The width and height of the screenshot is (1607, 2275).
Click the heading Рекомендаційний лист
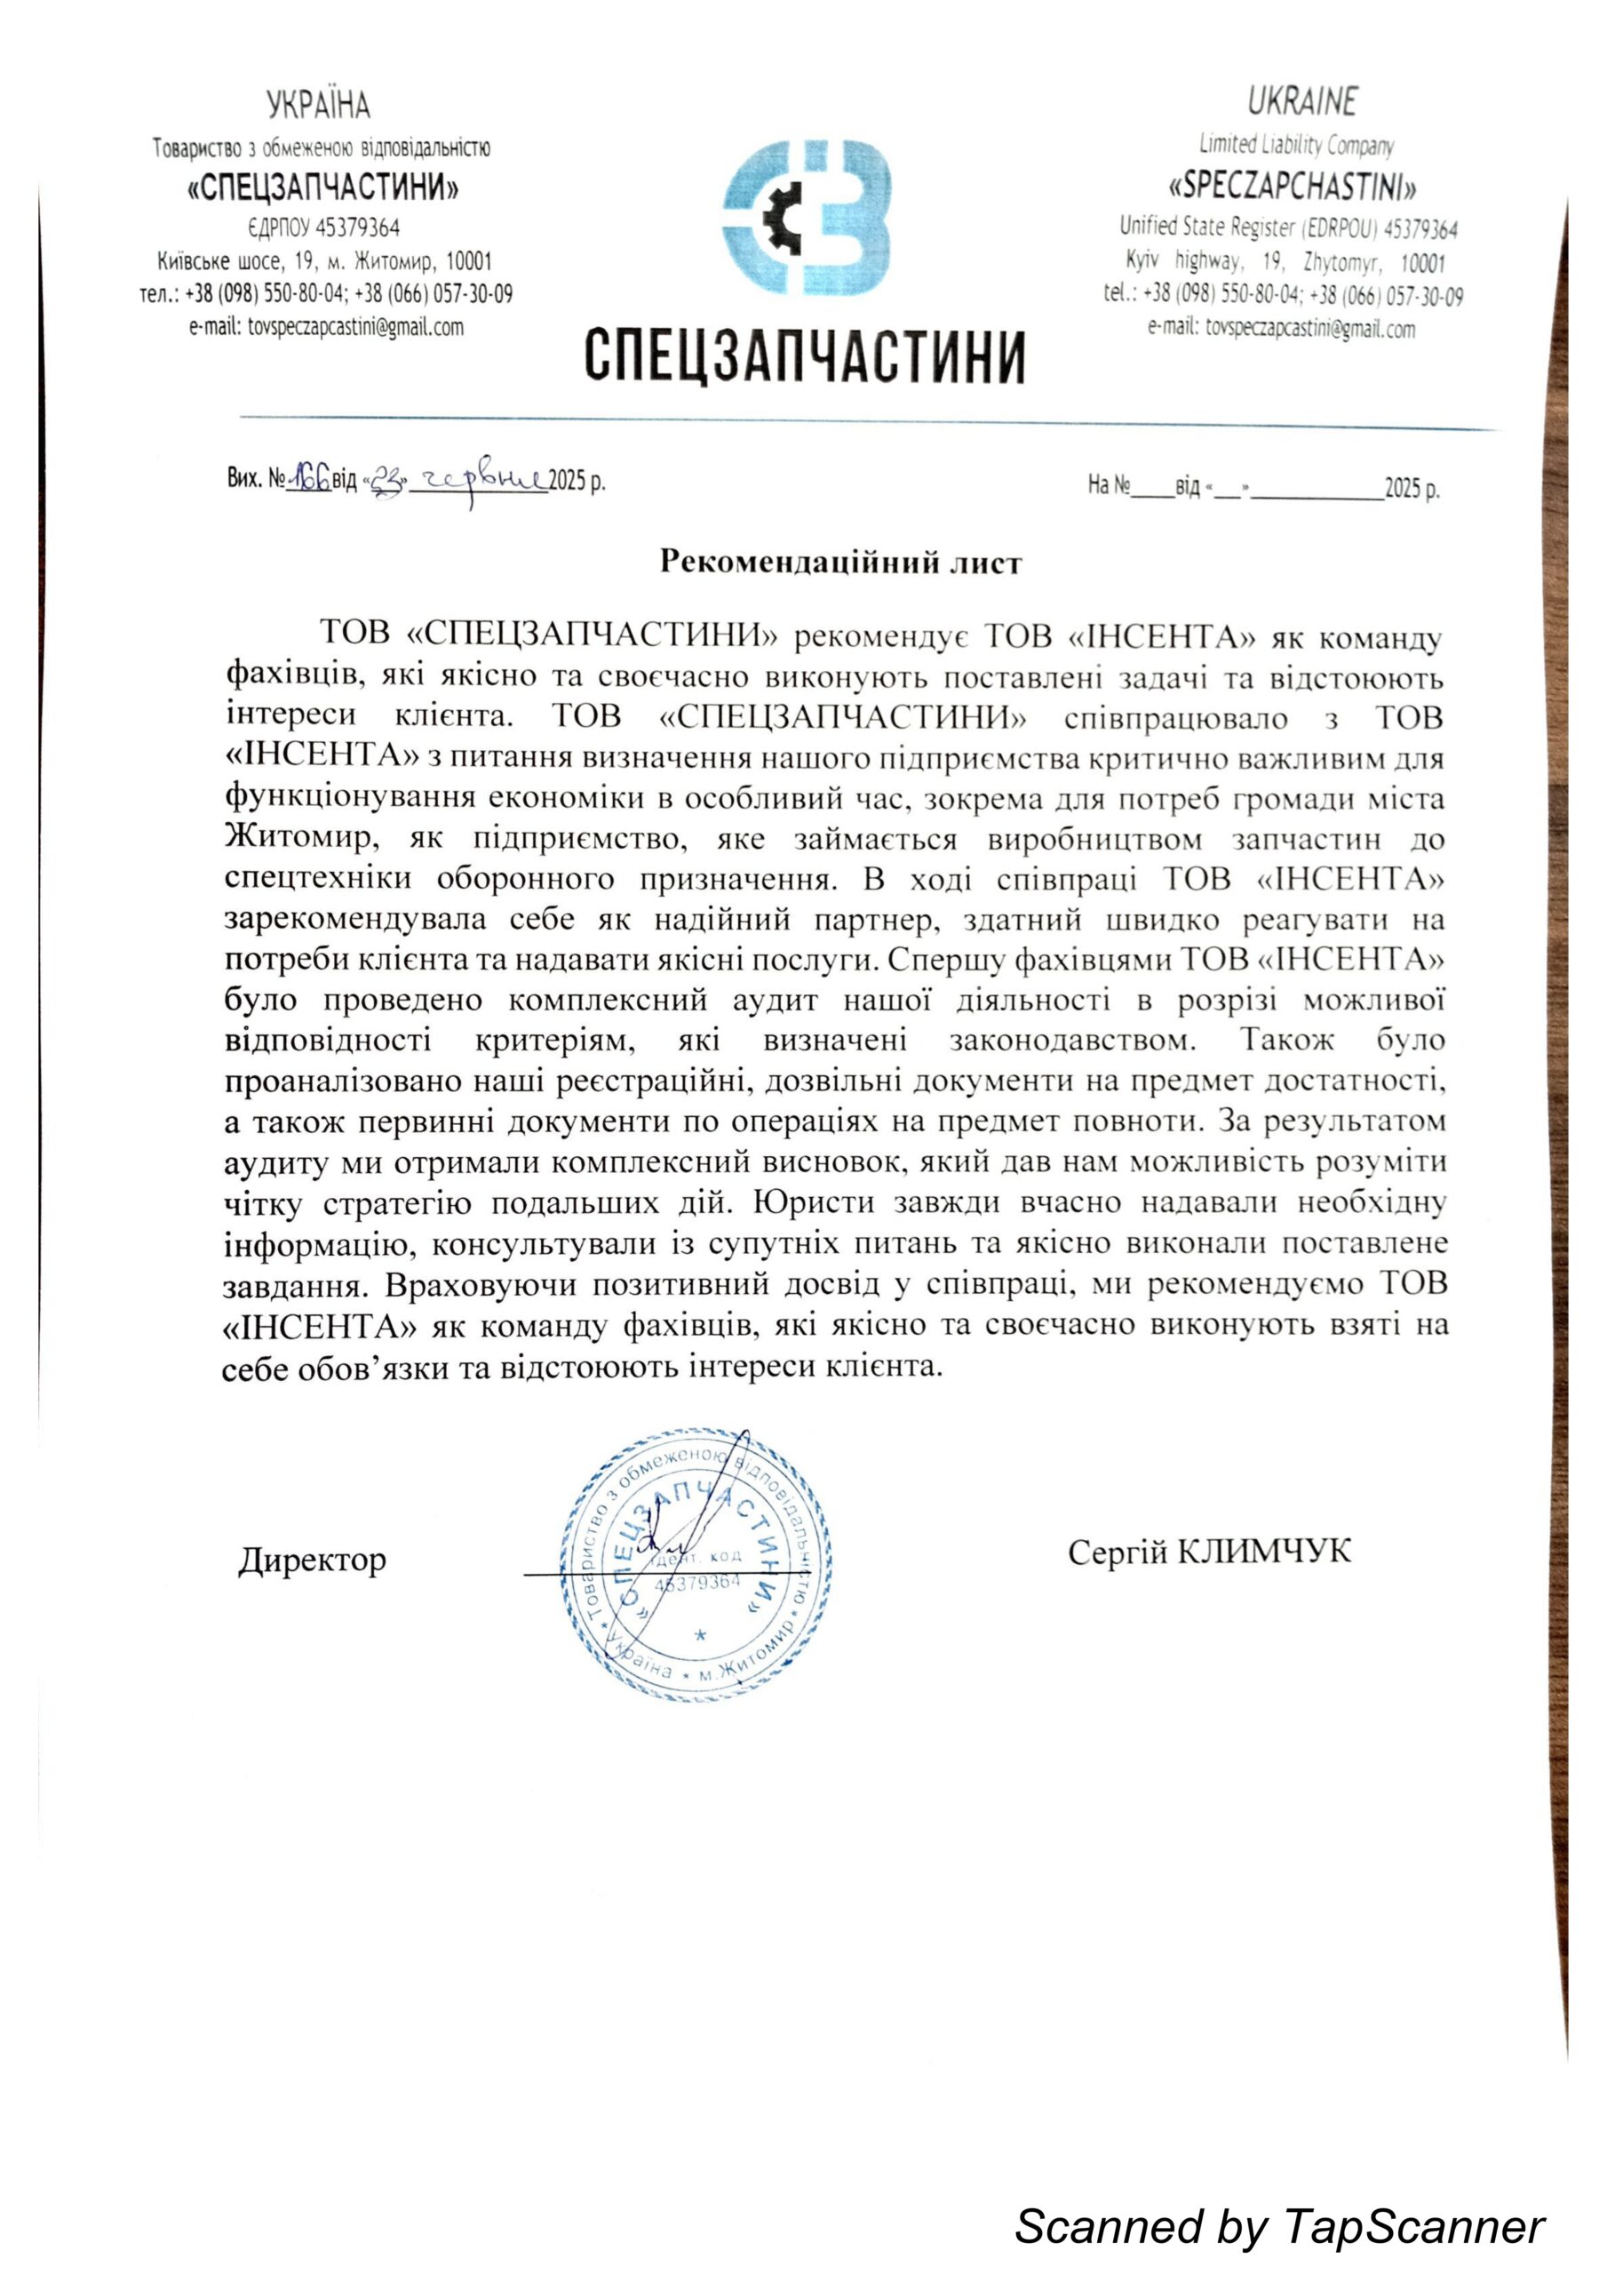840,563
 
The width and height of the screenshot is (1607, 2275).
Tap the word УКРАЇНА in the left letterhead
318,104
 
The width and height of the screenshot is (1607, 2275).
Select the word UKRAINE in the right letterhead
1301,101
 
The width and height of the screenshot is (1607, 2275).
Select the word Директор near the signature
311,1561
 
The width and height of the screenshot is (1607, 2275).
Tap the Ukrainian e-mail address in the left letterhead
326,327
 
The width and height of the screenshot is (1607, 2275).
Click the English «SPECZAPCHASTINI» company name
1292,186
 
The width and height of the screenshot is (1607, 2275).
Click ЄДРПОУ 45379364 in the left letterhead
324,227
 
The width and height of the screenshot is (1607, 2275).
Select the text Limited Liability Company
1296,146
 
